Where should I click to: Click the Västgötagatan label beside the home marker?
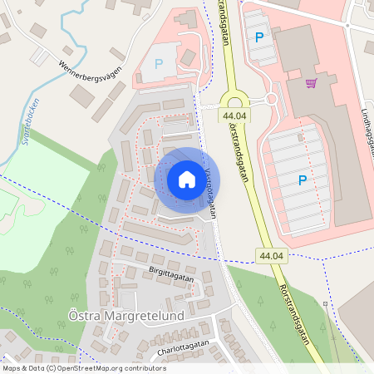tap(209, 191)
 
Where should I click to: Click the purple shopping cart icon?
tap(311, 82)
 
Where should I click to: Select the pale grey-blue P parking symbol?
tap(159, 64)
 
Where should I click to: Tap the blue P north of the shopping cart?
tap(259, 37)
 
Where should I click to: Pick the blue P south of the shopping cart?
tap(302, 180)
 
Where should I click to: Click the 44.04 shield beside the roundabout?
tap(235, 116)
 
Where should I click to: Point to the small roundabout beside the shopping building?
tap(270, 100)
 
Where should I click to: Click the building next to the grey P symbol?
tap(189, 57)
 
